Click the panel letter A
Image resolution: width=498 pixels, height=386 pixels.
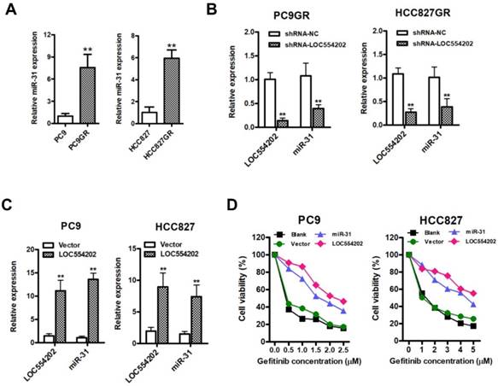tap(11, 11)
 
